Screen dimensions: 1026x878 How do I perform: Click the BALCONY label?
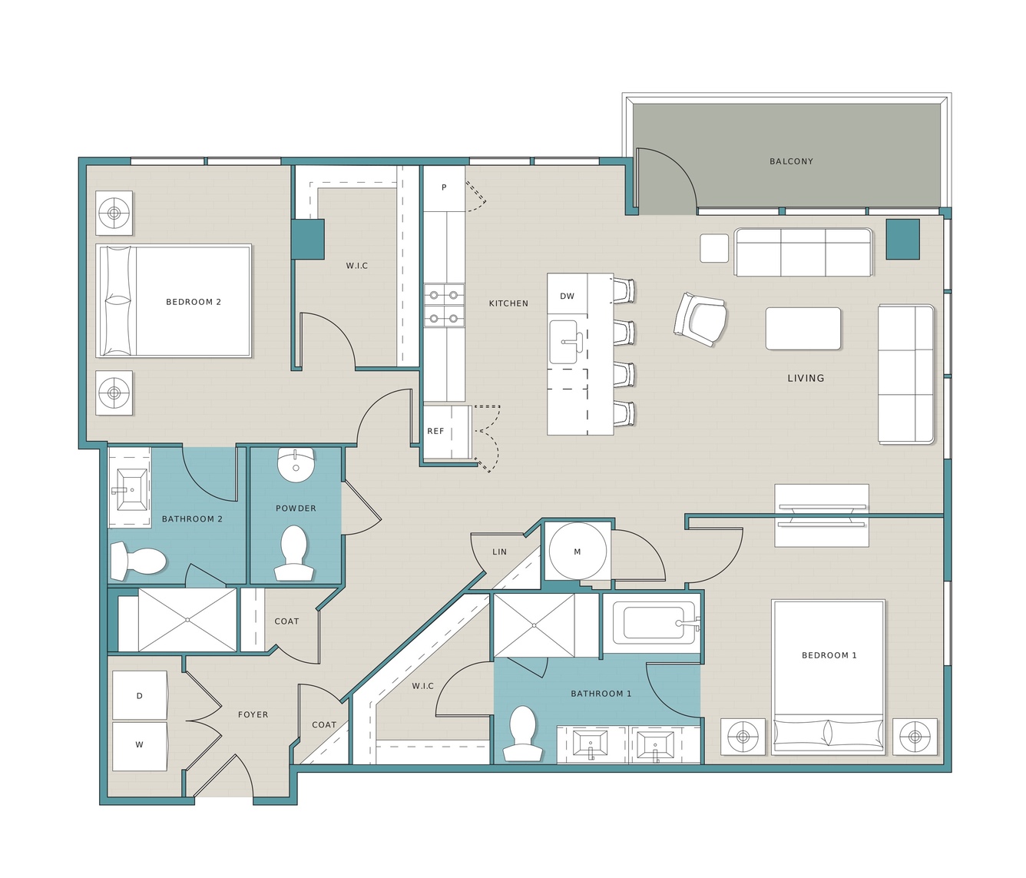click(x=791, y=161)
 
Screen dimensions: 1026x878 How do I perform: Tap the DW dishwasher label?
click(x=567, y=296)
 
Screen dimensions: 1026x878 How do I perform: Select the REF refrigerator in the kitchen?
click(x=447, y=432)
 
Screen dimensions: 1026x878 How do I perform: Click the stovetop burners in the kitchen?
click(x=444, y=306)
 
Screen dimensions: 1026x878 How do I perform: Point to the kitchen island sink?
click(x=566, y=342)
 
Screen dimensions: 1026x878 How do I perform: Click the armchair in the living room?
click(x=700, y=320)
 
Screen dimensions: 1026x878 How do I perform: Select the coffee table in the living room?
click(x=803, y=328)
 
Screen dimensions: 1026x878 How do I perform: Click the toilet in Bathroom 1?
click(x=522, y=734)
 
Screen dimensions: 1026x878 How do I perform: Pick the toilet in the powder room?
click(x=293, y=553)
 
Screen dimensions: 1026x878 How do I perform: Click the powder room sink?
click(x=296, y=464)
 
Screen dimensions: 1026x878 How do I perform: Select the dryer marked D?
click(x=140, y=695)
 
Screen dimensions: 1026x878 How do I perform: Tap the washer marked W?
click(x=140, y=746)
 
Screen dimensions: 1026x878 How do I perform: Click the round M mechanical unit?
click(x=578, y=552)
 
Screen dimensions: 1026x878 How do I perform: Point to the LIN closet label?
click(x=499, y=552)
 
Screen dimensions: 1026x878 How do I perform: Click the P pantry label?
click(x=444, y=187)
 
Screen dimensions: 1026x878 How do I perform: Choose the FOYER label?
click(x=253, y=714)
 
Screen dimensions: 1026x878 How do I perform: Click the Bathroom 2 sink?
click(x=131, y=490)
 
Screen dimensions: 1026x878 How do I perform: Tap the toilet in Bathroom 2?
click(x=138, y=561)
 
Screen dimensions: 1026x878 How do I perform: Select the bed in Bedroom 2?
click(x=174, y=301)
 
